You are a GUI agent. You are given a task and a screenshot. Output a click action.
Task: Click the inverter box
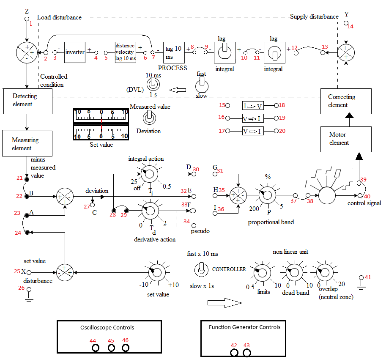(75, 52)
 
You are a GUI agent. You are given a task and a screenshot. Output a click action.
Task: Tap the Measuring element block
(27, 144)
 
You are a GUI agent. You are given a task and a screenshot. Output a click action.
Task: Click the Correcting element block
(345, 101)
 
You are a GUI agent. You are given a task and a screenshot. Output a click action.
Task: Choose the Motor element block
(345, 139)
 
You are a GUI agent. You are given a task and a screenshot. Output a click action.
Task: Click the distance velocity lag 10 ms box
(125, 52)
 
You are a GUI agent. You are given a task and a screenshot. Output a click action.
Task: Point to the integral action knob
(149, 173)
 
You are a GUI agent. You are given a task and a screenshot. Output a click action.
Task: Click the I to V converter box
(252, 106)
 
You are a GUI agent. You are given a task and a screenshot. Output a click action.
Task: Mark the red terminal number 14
(350, 26)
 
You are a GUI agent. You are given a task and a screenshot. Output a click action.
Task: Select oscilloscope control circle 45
(111, 348)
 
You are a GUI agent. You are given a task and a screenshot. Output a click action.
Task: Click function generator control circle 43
(247, 352)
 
